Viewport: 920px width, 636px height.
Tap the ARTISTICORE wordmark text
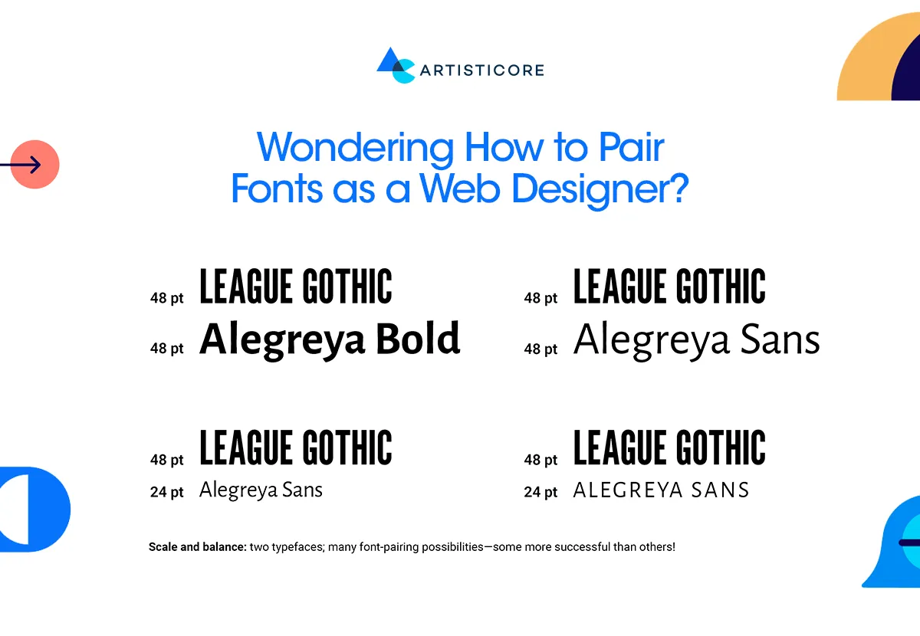click(x=481, y=70)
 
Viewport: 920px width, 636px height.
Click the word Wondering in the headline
click(x=354, y=147)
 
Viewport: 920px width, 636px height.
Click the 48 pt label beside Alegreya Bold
click(x=167, y=349)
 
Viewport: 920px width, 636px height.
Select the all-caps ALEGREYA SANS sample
click(x=661, y=490)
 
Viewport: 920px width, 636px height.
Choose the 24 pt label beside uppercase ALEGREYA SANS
click(x=541, y=492)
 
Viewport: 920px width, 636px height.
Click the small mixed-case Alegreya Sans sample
click(x=261, y=490)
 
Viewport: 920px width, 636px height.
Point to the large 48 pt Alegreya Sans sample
click(x=696, y=339)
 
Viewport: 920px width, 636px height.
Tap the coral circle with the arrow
click(x=34, y=164)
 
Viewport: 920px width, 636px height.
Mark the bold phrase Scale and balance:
click(x=197, y=548)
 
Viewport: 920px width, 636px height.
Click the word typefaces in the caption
click(x=299, y=548)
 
